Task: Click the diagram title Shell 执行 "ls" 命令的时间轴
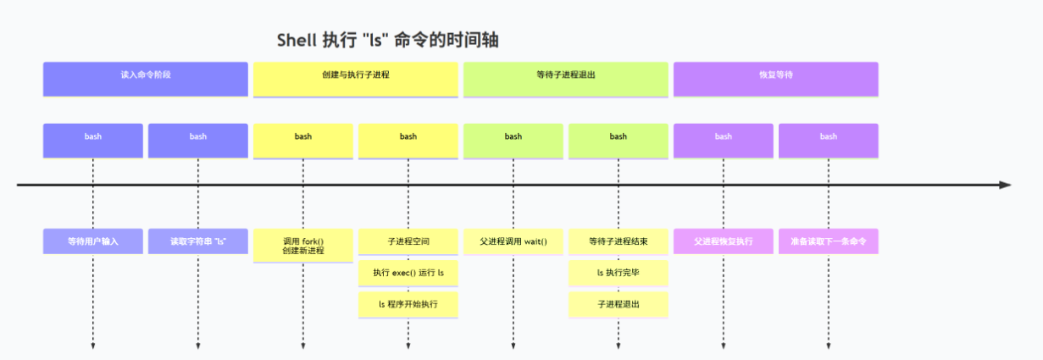(x=394, y=41)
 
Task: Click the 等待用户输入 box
(x=93, y=241)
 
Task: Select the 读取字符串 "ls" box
(x=198, y=241)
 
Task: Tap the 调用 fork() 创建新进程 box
(x=303, y=246)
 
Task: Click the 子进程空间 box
(x=408, y=241)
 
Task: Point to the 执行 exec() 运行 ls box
(x=408, y=273)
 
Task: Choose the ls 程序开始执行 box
(x=408, y=303)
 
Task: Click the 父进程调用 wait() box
(x=513, y=241)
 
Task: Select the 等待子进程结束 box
(x=619, y=241)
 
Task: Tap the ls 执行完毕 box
(x=619, y=273)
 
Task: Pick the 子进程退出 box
(x=619, y=303)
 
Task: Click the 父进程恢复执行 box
(x=724, y=241)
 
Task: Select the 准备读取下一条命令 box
(x=829, y=241)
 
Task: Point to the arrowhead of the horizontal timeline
(x=1005, y=185)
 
